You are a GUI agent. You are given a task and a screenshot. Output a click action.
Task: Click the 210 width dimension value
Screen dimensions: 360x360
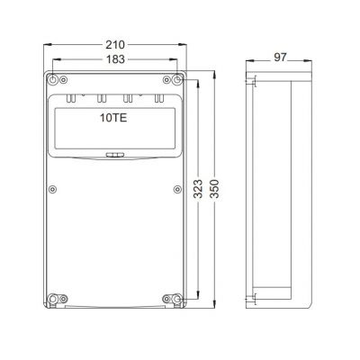coord(115,45)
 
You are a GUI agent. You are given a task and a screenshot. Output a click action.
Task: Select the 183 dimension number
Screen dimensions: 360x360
coord(115,59)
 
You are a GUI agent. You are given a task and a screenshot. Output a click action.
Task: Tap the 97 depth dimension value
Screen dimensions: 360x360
coord(280,58)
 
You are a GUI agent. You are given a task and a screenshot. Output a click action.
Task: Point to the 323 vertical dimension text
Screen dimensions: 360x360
coord(198,189)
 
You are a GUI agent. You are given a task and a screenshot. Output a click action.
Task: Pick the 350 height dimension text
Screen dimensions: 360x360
coord(214,189)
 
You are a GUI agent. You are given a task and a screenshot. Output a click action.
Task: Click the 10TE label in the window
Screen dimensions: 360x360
coord(113,118)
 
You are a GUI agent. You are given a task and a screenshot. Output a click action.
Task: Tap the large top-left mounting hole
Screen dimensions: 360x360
coord(53,80)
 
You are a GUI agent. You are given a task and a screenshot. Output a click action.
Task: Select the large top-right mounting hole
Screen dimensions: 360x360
coord(177,80)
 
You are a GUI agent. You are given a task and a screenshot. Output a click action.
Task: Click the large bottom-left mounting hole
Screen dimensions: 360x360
coord(53,299)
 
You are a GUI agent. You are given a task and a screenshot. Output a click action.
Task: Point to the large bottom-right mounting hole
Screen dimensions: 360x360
coord(177,299)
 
